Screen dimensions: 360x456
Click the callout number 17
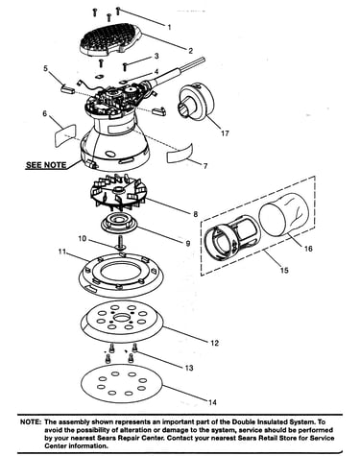225,133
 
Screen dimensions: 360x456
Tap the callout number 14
212,402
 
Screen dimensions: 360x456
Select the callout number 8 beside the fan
196,214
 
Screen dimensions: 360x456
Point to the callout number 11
62,252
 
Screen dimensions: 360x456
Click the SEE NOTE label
46,165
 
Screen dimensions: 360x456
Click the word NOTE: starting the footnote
31,422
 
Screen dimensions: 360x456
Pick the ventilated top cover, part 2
110,39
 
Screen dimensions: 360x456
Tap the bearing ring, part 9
119,225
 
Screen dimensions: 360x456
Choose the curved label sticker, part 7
180,154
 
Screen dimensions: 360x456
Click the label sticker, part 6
65,135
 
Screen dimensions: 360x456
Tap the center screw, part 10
120,243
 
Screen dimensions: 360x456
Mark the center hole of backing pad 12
122,318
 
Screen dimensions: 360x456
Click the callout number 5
45,68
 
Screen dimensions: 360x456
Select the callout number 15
284,271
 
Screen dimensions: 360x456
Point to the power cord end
203,60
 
